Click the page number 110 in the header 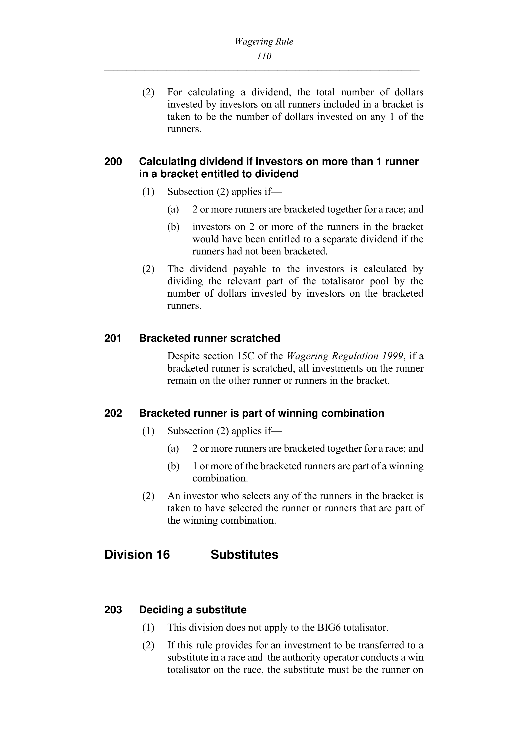tap(264, 56)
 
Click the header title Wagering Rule tap(264, 42)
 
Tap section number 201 tap(113, 338)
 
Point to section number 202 tap(113, 413)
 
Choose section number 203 tap(113, 610)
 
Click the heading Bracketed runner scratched tap(209, 338)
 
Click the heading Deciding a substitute tap(193, 610)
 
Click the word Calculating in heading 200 tap(167, 162)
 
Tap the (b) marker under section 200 tap(173, 227)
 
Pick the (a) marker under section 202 tap(173, 449)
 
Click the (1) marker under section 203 tap(148, 628)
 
